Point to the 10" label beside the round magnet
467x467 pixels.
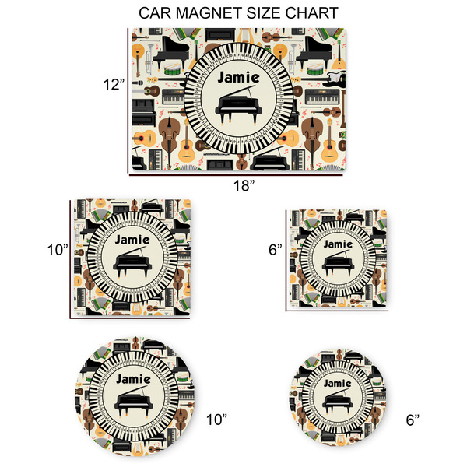tap(216, 420)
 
